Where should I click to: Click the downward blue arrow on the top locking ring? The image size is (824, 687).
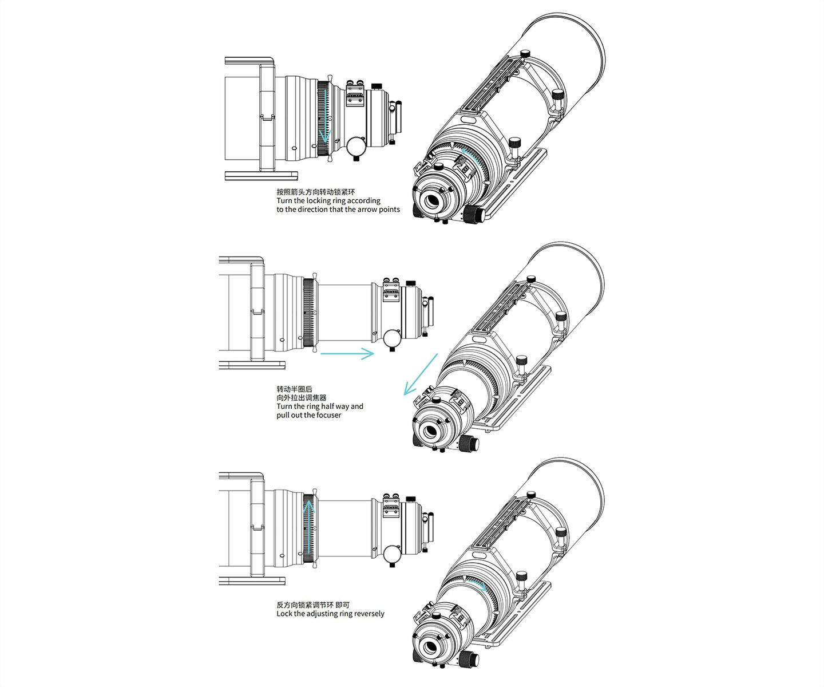[325, 116]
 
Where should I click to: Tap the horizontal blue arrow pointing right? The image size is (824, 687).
[347, 353]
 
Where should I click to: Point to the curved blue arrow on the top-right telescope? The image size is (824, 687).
[470, 155]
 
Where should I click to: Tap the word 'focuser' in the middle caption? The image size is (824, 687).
[328, 416]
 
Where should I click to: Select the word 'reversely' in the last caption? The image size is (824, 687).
[369, 614]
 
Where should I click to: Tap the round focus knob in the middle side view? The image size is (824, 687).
[392, 338]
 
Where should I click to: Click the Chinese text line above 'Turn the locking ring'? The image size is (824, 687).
[316, 192]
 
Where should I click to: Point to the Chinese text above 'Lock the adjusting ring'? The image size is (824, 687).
[313, 605]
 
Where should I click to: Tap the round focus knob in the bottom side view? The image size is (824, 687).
[392, 554]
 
